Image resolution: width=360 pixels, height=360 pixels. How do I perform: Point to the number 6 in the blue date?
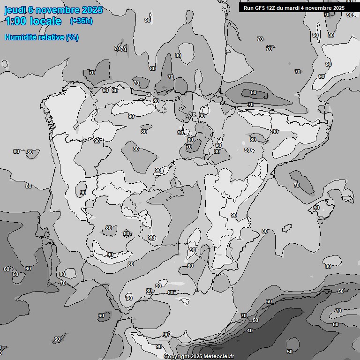[x=30, y=10]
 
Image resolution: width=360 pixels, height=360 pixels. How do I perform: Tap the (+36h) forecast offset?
[x=81, y=21]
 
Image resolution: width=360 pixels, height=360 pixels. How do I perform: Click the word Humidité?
[x=20, y=37]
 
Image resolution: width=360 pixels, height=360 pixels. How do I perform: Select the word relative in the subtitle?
[x=51, y=37]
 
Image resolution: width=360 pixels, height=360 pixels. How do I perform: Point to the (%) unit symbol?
[x=72, y=37]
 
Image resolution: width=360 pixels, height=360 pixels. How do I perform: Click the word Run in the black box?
[x=248, y=8]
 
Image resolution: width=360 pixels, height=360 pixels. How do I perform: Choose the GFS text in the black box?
[x=260, y=8]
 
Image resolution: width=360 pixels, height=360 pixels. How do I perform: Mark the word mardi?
[x=294, y=8]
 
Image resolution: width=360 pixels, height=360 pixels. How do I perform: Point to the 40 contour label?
[x=250, y=330]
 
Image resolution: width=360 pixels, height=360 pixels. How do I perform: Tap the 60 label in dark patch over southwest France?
[x=254, y=93]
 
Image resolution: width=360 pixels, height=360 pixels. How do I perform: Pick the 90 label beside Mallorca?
[x=316, y=208]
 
